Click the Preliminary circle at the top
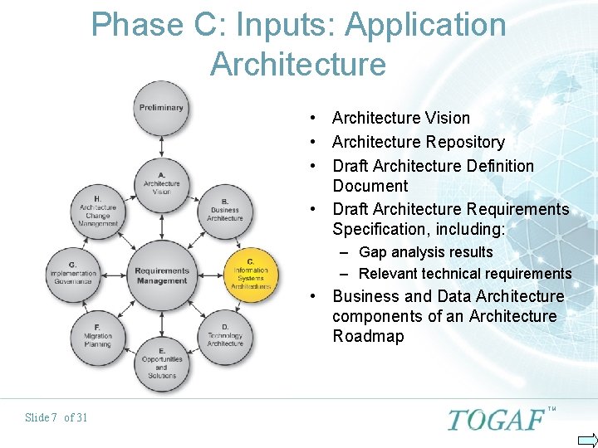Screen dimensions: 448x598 [x=161, y=108]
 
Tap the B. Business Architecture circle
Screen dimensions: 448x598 [x=224, y=209]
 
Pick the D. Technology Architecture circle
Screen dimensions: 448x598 [x=225, y=334]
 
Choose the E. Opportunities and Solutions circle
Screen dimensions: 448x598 [x=161, y=363]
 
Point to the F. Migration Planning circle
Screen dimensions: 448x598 [x=97, y=336]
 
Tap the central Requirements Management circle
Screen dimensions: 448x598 [x=161, y=275]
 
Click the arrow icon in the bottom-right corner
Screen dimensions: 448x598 [x=586, y=439]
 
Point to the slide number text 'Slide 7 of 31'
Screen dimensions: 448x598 [x=56, y=417]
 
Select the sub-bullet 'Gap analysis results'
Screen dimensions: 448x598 [x=425, y=252]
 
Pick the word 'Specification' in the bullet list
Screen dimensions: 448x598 [x=378, y=228]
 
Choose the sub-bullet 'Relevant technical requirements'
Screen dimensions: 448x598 [x=465, y=274]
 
